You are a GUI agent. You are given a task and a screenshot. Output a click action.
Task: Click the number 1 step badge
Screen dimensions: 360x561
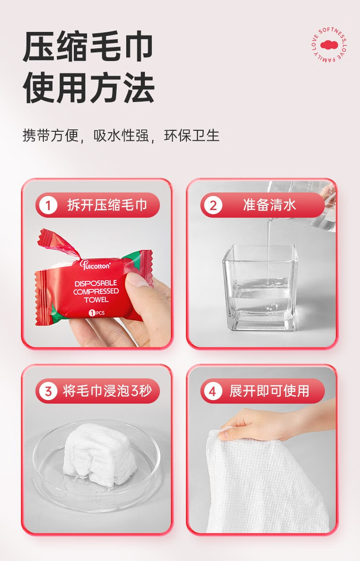[48, 206]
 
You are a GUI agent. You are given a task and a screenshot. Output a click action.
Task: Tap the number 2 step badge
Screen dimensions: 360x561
[213, 206]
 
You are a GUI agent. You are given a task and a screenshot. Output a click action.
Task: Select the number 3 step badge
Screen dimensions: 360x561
[48, 391]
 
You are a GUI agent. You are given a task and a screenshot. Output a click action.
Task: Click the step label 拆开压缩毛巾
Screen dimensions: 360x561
[107, 205]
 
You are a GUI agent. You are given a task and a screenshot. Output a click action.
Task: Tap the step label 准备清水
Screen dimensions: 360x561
[270, 205]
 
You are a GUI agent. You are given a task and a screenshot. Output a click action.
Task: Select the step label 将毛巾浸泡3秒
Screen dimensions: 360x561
[108, 391]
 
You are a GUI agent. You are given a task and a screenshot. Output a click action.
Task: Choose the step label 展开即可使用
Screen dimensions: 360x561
[269, 391]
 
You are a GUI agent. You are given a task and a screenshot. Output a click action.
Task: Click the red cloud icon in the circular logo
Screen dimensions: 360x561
[329, 45]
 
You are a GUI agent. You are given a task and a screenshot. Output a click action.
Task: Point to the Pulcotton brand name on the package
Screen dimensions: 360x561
[95, 265]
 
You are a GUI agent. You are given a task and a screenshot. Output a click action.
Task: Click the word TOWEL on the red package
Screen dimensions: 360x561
[96, 300]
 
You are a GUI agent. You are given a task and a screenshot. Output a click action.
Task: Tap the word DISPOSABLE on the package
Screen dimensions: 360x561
[96, 283]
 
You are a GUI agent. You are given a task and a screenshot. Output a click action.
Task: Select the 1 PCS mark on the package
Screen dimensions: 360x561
[97, 313]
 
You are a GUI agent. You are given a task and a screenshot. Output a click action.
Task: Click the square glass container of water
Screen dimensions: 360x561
[260, 288]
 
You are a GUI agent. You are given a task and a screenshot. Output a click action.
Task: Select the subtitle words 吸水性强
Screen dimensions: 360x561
[121, 135]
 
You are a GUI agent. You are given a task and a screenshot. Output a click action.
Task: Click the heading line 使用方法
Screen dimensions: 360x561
[88, 87]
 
